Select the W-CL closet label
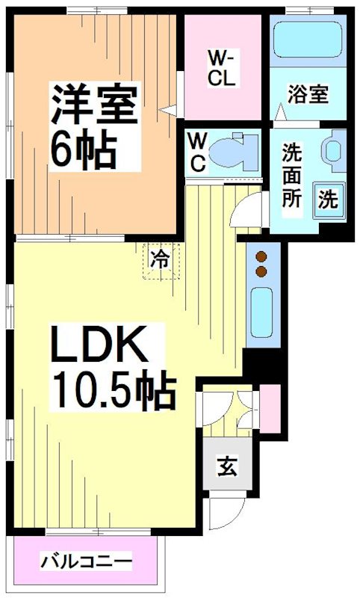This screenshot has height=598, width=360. (x=222, y=68)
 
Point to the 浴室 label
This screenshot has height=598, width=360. (x=308, y=95)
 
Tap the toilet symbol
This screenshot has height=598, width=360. (x=231, y=152)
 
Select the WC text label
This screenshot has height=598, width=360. (x=198, y=153)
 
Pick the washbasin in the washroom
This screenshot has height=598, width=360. (x=333, y=149)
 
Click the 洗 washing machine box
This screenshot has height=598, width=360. (x=328, y=200)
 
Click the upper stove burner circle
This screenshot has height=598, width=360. (x=261, y=255)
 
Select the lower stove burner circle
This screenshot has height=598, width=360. (x=261, y=271)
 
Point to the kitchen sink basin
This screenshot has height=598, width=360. (x=262, y=312)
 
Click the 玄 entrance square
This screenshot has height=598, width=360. (x=223, y=469)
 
